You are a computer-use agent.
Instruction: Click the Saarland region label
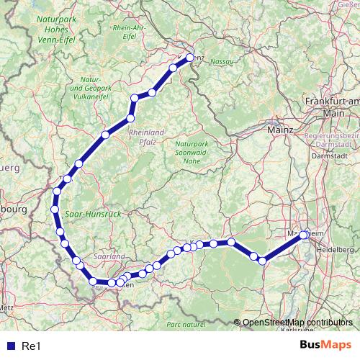pyautogui.click(x=109, y=256)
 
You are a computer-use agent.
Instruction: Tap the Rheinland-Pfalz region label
pyautogui.click(x=147, y=137)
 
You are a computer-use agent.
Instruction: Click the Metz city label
pyautogui.click(x=6, y=307)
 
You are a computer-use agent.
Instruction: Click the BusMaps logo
pyautogui.click(x=325, y=346)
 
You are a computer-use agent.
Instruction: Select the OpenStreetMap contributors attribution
pyautogui.click(x=297, y=323)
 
